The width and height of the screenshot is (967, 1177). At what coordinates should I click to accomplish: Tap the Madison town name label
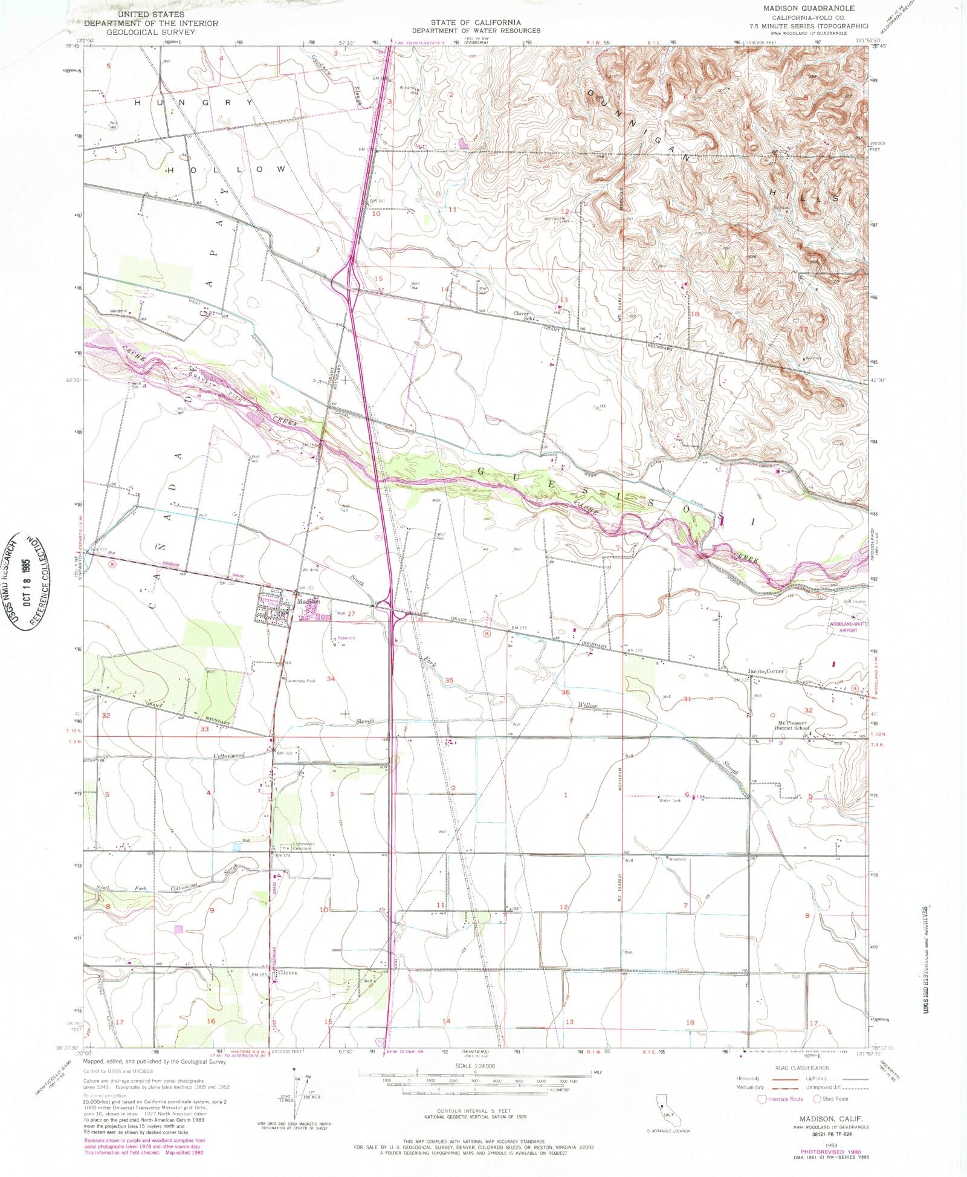click(308, 601)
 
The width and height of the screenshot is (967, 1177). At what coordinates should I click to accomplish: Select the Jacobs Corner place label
click(766, 671)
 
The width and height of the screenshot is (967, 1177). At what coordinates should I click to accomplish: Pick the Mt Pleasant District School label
click(792, 725)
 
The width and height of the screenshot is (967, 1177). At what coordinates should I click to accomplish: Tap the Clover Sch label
click(522, 316)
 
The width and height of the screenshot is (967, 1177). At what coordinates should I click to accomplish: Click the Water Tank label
click(670, 800)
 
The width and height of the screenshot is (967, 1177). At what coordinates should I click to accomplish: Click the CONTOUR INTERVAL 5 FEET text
click(482, 1111)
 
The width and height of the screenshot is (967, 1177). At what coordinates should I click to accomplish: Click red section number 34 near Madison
click(331, 679)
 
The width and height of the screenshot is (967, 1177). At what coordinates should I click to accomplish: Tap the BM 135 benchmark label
click(520, 628)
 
